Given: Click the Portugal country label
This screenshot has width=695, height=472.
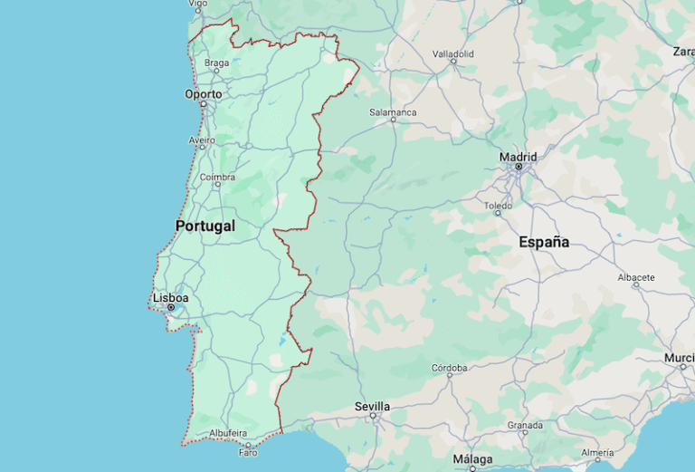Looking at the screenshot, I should click(x=205, y=226).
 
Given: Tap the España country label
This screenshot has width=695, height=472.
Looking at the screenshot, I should click(x=544, y=242).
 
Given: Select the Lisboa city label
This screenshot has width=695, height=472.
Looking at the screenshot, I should click(x=171, y=297).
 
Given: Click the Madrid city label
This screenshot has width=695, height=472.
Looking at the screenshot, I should click(x=519, y=157).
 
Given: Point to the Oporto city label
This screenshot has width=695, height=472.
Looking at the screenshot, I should click(x=204, y=93).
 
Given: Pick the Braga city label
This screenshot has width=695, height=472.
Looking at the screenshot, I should click(x=217, y=63).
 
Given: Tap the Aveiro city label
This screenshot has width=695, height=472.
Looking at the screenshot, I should click(x=202, y=140).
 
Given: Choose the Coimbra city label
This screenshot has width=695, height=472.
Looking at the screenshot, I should click(x=217, y=178).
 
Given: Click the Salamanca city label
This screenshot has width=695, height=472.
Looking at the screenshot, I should click(x=393, y=112).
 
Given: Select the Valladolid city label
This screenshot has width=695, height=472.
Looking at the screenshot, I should click(x=453, y=54).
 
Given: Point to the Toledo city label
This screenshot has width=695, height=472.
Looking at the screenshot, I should click(x=498, y=206).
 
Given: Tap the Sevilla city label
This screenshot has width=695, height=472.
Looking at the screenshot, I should click(x=372, y=407).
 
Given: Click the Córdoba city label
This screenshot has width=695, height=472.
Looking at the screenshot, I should click(x=450, y=368).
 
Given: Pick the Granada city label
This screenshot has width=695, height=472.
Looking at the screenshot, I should click(x=525, y=425).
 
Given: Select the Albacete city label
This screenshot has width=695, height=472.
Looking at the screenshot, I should click(x=636, y=276).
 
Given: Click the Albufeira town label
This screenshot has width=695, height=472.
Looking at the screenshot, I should click(x=228, y=433).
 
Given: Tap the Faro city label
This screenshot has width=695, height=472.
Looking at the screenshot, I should click(x=248, y=453).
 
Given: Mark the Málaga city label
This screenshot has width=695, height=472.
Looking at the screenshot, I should click(x=472, y=459).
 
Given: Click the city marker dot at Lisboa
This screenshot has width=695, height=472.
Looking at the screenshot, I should click(x=171, y=308).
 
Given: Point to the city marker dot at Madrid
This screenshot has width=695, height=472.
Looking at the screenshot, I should click(x=519, y=167).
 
